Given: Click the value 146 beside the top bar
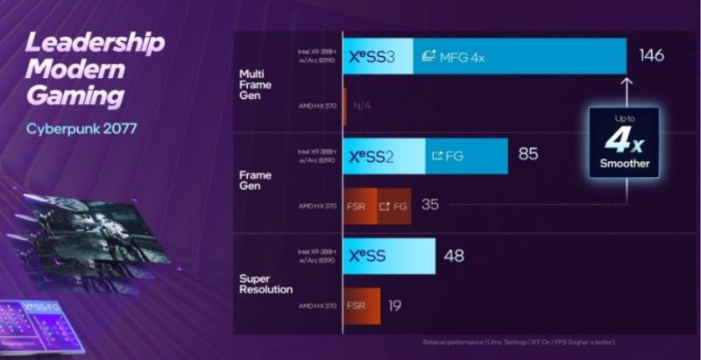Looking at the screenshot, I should (652, 56).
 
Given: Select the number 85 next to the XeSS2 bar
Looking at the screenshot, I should (528, 155).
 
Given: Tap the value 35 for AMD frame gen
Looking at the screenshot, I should (429, 205).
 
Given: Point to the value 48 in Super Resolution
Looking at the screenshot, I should (454, 256).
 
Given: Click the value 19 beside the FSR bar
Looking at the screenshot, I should (394, 305).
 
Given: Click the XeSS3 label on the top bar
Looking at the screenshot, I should (372, 56).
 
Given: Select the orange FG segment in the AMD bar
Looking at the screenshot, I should (394, 206).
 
